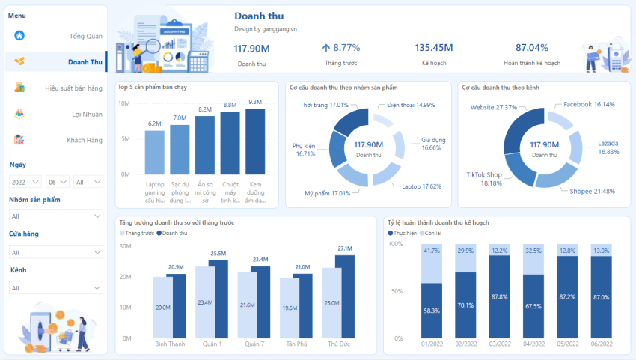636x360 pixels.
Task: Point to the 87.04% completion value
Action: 531,48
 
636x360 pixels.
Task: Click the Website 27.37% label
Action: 494,107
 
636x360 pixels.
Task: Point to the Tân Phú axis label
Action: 296,344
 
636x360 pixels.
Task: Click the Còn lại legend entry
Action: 437,234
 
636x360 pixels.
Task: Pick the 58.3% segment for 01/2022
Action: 430,310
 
